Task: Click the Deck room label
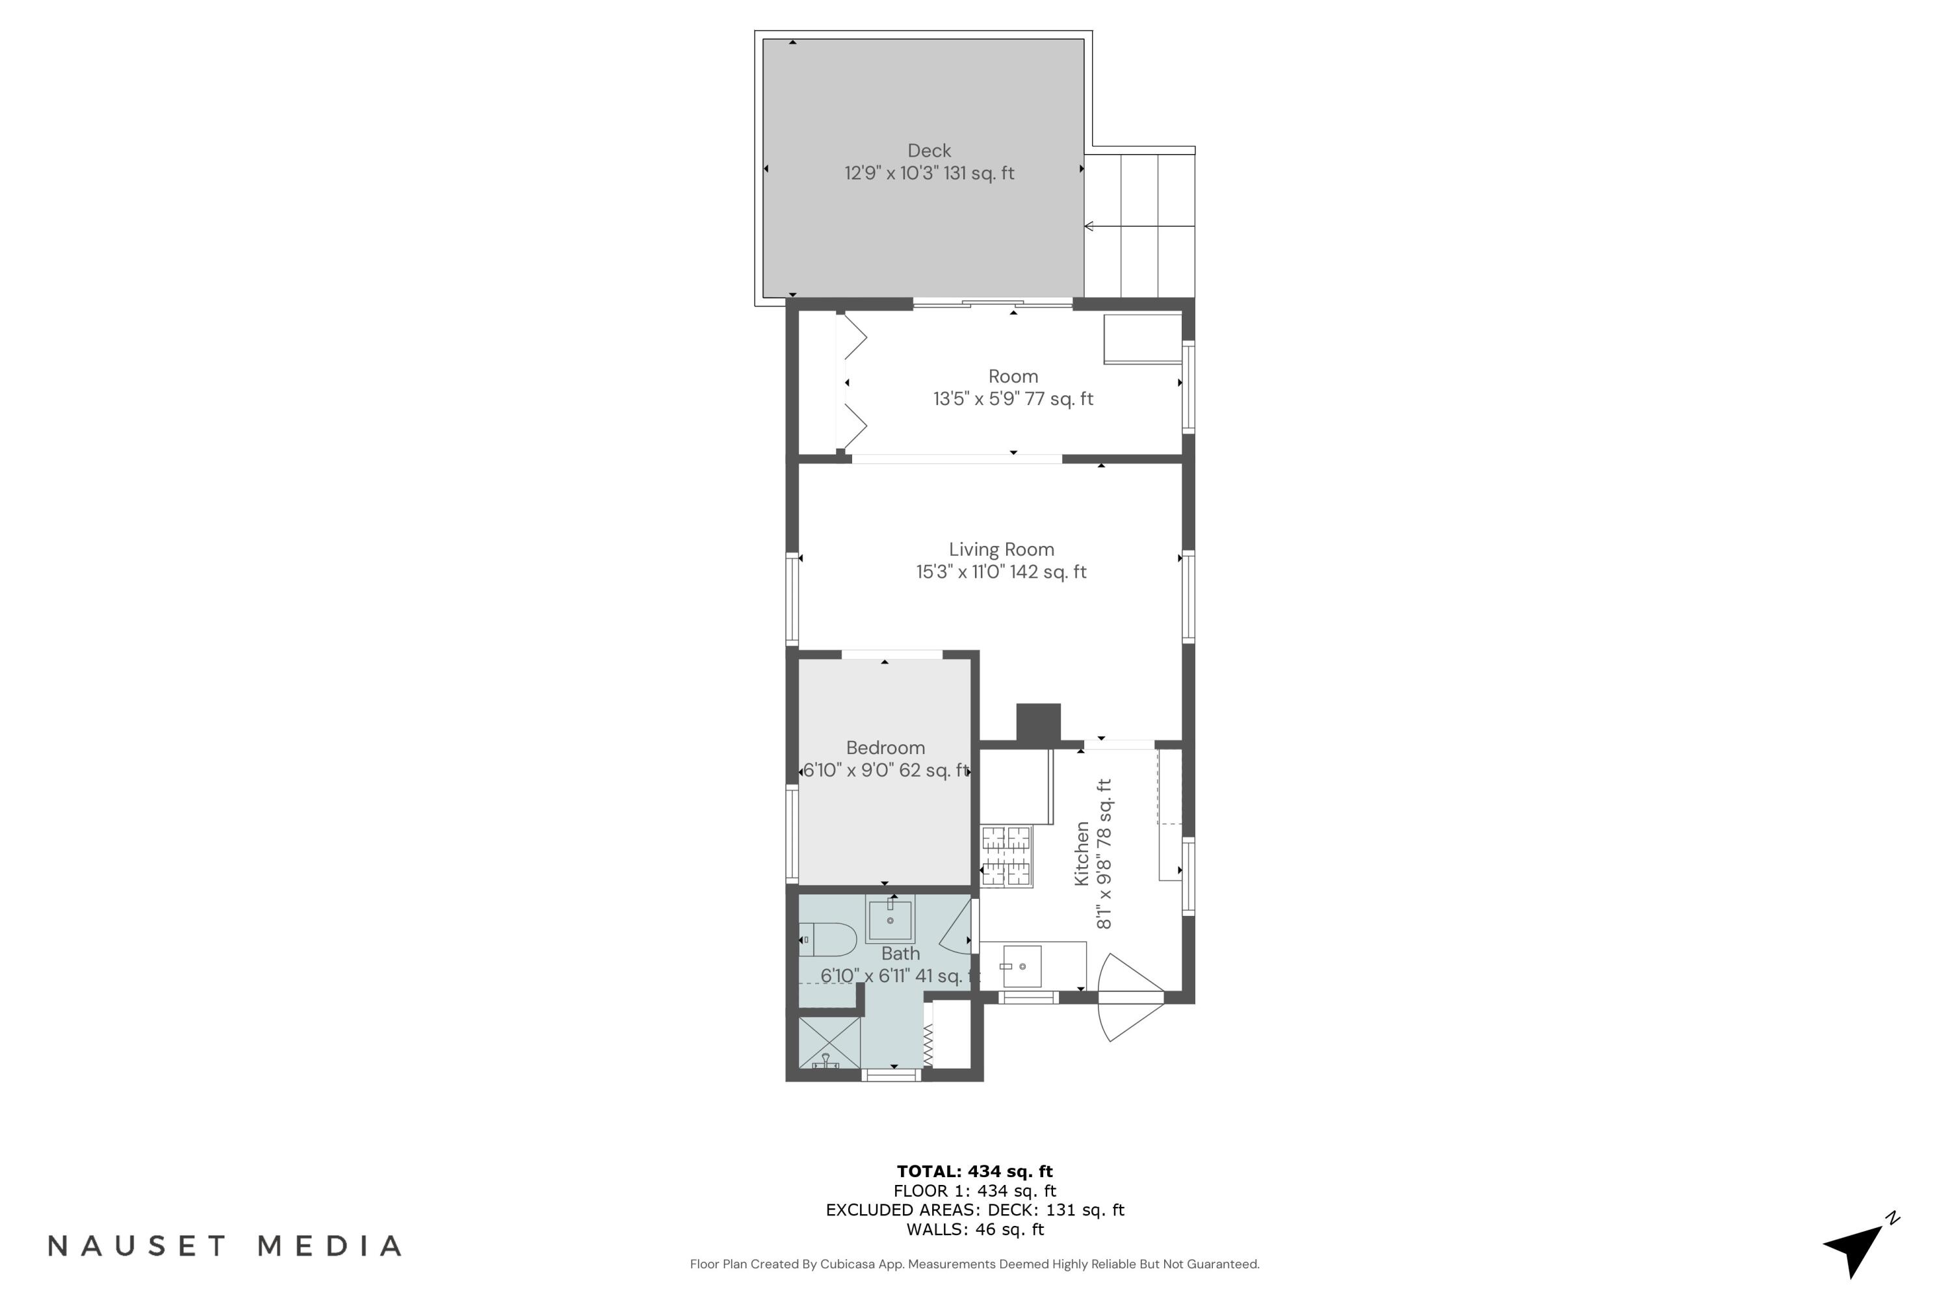point(929,151)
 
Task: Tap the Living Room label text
point(1001,550)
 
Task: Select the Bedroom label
point(885,748)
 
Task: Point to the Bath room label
point(900,954)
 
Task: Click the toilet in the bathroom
point(827,939)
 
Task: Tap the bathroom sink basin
point(890,920)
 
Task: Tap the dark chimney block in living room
point(1038,722)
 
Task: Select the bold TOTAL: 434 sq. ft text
point(974,1171)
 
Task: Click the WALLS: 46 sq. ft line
point(974,1230)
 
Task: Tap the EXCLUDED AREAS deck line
point(974,1210)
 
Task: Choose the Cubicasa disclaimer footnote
point(974,1264)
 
